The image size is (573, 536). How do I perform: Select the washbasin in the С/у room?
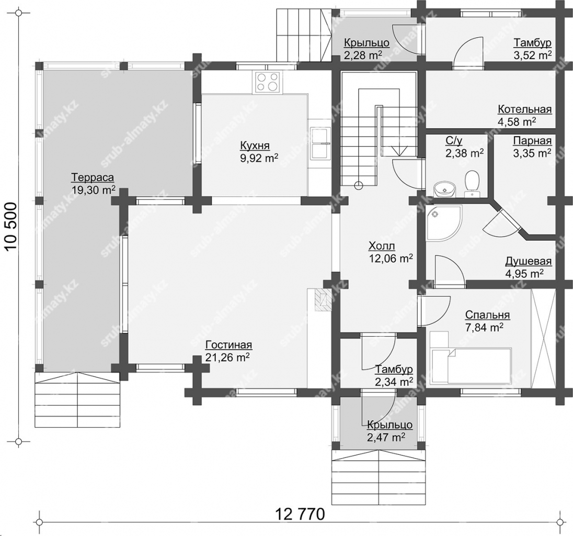pos(444,189)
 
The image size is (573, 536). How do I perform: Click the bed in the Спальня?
pos(471,366)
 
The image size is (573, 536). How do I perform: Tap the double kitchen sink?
pos(321,143)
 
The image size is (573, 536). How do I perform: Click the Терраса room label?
pos(93,178)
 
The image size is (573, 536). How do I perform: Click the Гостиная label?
pos(229,345)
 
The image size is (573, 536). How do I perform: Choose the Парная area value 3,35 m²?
pos(532,153)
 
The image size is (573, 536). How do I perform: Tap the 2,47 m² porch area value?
pos(385,437)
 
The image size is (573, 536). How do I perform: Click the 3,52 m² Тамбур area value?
pos(532,55)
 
